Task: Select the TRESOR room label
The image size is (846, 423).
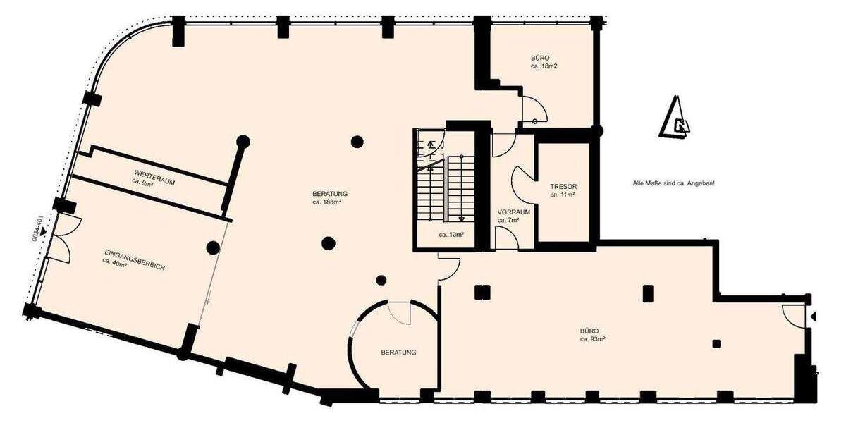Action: click(563, 186)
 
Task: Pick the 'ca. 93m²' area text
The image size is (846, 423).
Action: click(594, 339)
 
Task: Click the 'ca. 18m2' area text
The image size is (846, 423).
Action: click(545, 66)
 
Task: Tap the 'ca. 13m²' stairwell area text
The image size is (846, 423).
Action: click(450, 235)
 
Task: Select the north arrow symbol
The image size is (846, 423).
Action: click(675, 118)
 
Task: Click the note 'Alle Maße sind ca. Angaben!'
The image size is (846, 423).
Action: click(673, 183)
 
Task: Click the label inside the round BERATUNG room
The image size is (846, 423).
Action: click(399, 352)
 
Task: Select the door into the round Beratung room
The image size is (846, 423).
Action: click(399, 312)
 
